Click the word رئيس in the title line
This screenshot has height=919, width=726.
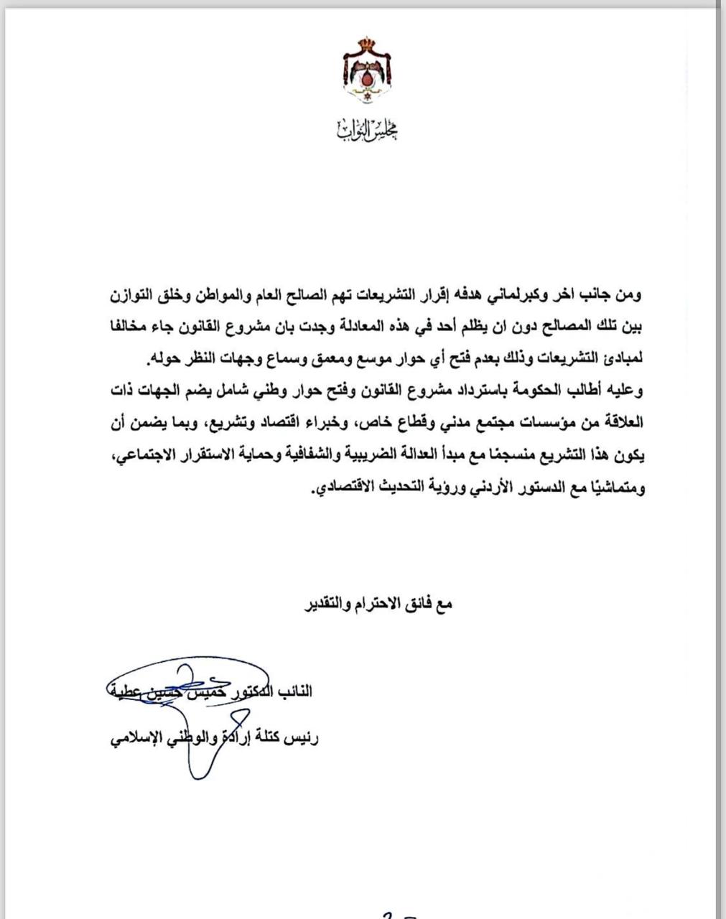[x=302, y=738]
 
